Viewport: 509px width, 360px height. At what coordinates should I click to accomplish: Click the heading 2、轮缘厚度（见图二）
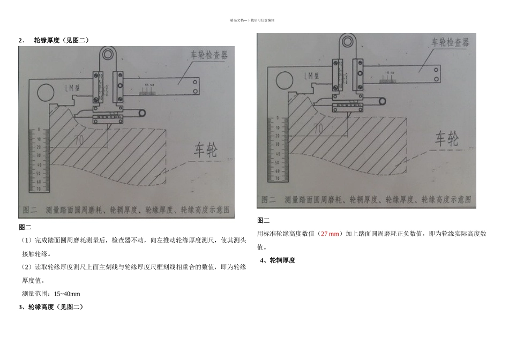[x=54, y=40]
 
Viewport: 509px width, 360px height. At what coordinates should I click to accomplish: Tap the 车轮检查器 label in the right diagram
[x=450, y=42]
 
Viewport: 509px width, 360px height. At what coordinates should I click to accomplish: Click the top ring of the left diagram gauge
[x=109, y=54]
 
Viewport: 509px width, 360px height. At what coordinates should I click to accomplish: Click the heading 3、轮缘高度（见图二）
[x=51, y=307]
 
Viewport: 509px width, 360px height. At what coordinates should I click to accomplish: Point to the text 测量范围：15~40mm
[x=51, y=294]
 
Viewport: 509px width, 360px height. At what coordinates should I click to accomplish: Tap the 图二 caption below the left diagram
[x=25, y=227]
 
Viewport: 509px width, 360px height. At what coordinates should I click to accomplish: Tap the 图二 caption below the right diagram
[x=264, y=220]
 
